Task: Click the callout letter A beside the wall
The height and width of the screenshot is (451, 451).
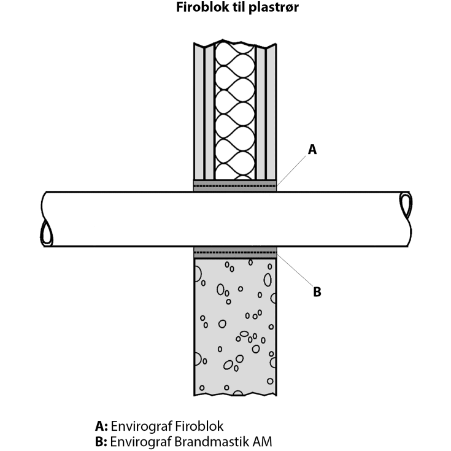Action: [x=312, y=149]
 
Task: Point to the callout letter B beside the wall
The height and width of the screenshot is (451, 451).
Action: [x=317, y=292]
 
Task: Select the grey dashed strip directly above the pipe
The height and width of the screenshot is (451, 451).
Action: [x=235, y=185]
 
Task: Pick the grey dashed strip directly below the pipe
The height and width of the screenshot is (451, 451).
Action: [x=235, y=252]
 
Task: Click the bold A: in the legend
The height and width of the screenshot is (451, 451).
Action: [x=101, y=426]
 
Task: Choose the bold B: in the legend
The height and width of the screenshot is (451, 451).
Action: [x=101, y=441]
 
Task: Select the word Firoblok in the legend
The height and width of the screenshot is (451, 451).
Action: [x=188, y=426]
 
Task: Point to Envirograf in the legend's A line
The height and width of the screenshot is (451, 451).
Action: [x=137, y=426]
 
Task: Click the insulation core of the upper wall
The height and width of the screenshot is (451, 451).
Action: [x=235, y=110]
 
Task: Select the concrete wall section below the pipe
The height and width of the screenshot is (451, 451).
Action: [x=235, y=325]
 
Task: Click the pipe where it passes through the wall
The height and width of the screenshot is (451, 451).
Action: [x=235, y=219]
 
